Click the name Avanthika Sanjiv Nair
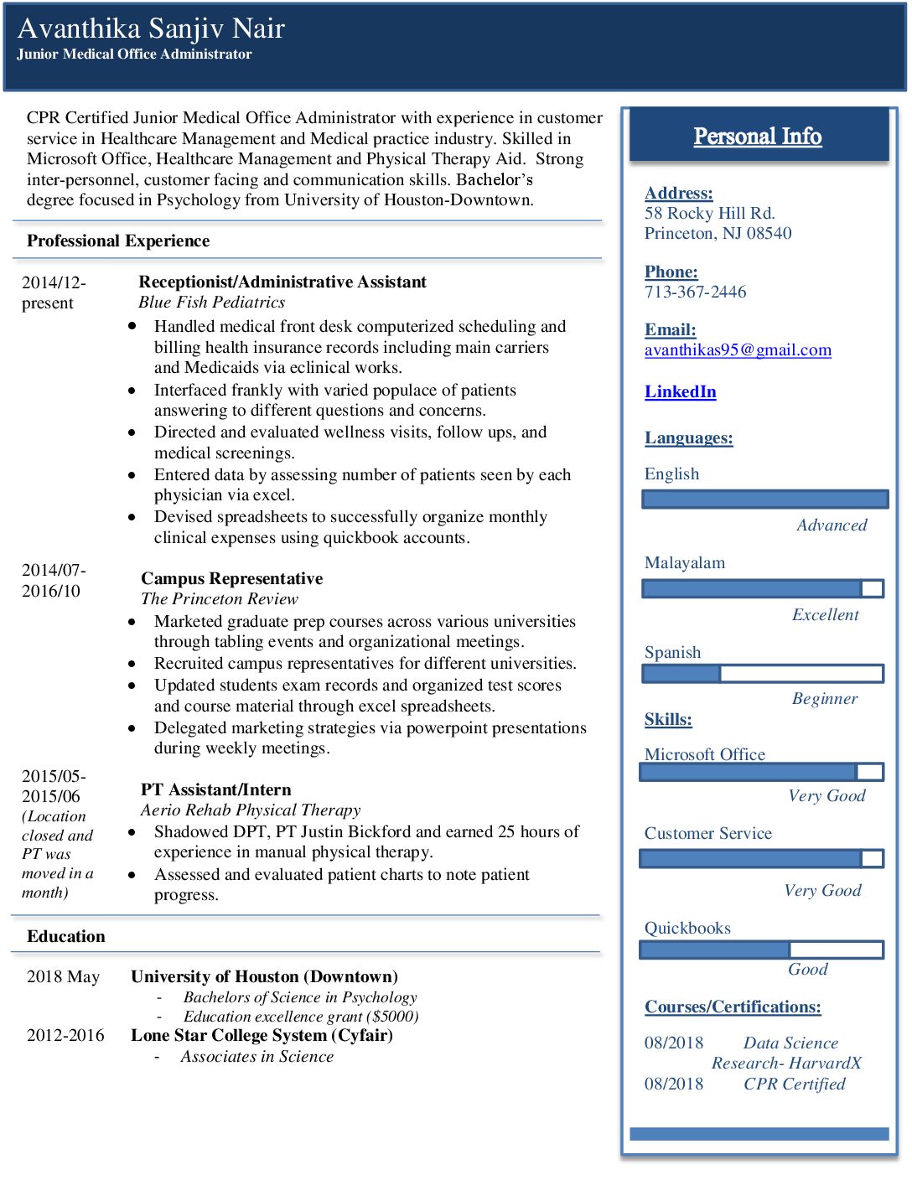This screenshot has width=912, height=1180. pos(151,28)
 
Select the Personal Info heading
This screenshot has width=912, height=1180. pos(757,136)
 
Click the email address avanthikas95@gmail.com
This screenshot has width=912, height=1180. pos(738,350)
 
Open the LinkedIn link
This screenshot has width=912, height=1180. pos(680,391)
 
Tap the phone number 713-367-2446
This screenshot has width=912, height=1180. pos(695,292)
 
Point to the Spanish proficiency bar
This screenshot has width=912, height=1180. pos(763,674)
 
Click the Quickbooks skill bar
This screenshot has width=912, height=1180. pos(761,950)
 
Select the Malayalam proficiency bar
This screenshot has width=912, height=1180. pos(763,588)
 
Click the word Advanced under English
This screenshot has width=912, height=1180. pos(832,525)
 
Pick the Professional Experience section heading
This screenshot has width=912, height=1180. pos(118,241)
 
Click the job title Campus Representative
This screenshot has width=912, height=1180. pos(231,578)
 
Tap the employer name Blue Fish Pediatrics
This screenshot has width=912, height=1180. pos(211,303)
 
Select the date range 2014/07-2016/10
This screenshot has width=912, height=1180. pos(52,580)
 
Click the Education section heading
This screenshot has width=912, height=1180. pos(66,936)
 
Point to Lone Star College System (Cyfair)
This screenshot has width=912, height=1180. pos(262,1035)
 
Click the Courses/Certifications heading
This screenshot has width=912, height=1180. pos(733,1007)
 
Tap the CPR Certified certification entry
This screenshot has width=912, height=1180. pos(794,1084)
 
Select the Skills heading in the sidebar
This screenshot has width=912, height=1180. pos(668,719)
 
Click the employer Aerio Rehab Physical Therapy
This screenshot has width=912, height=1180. pos(251,810)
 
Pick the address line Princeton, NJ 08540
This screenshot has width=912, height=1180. pos(718,233)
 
